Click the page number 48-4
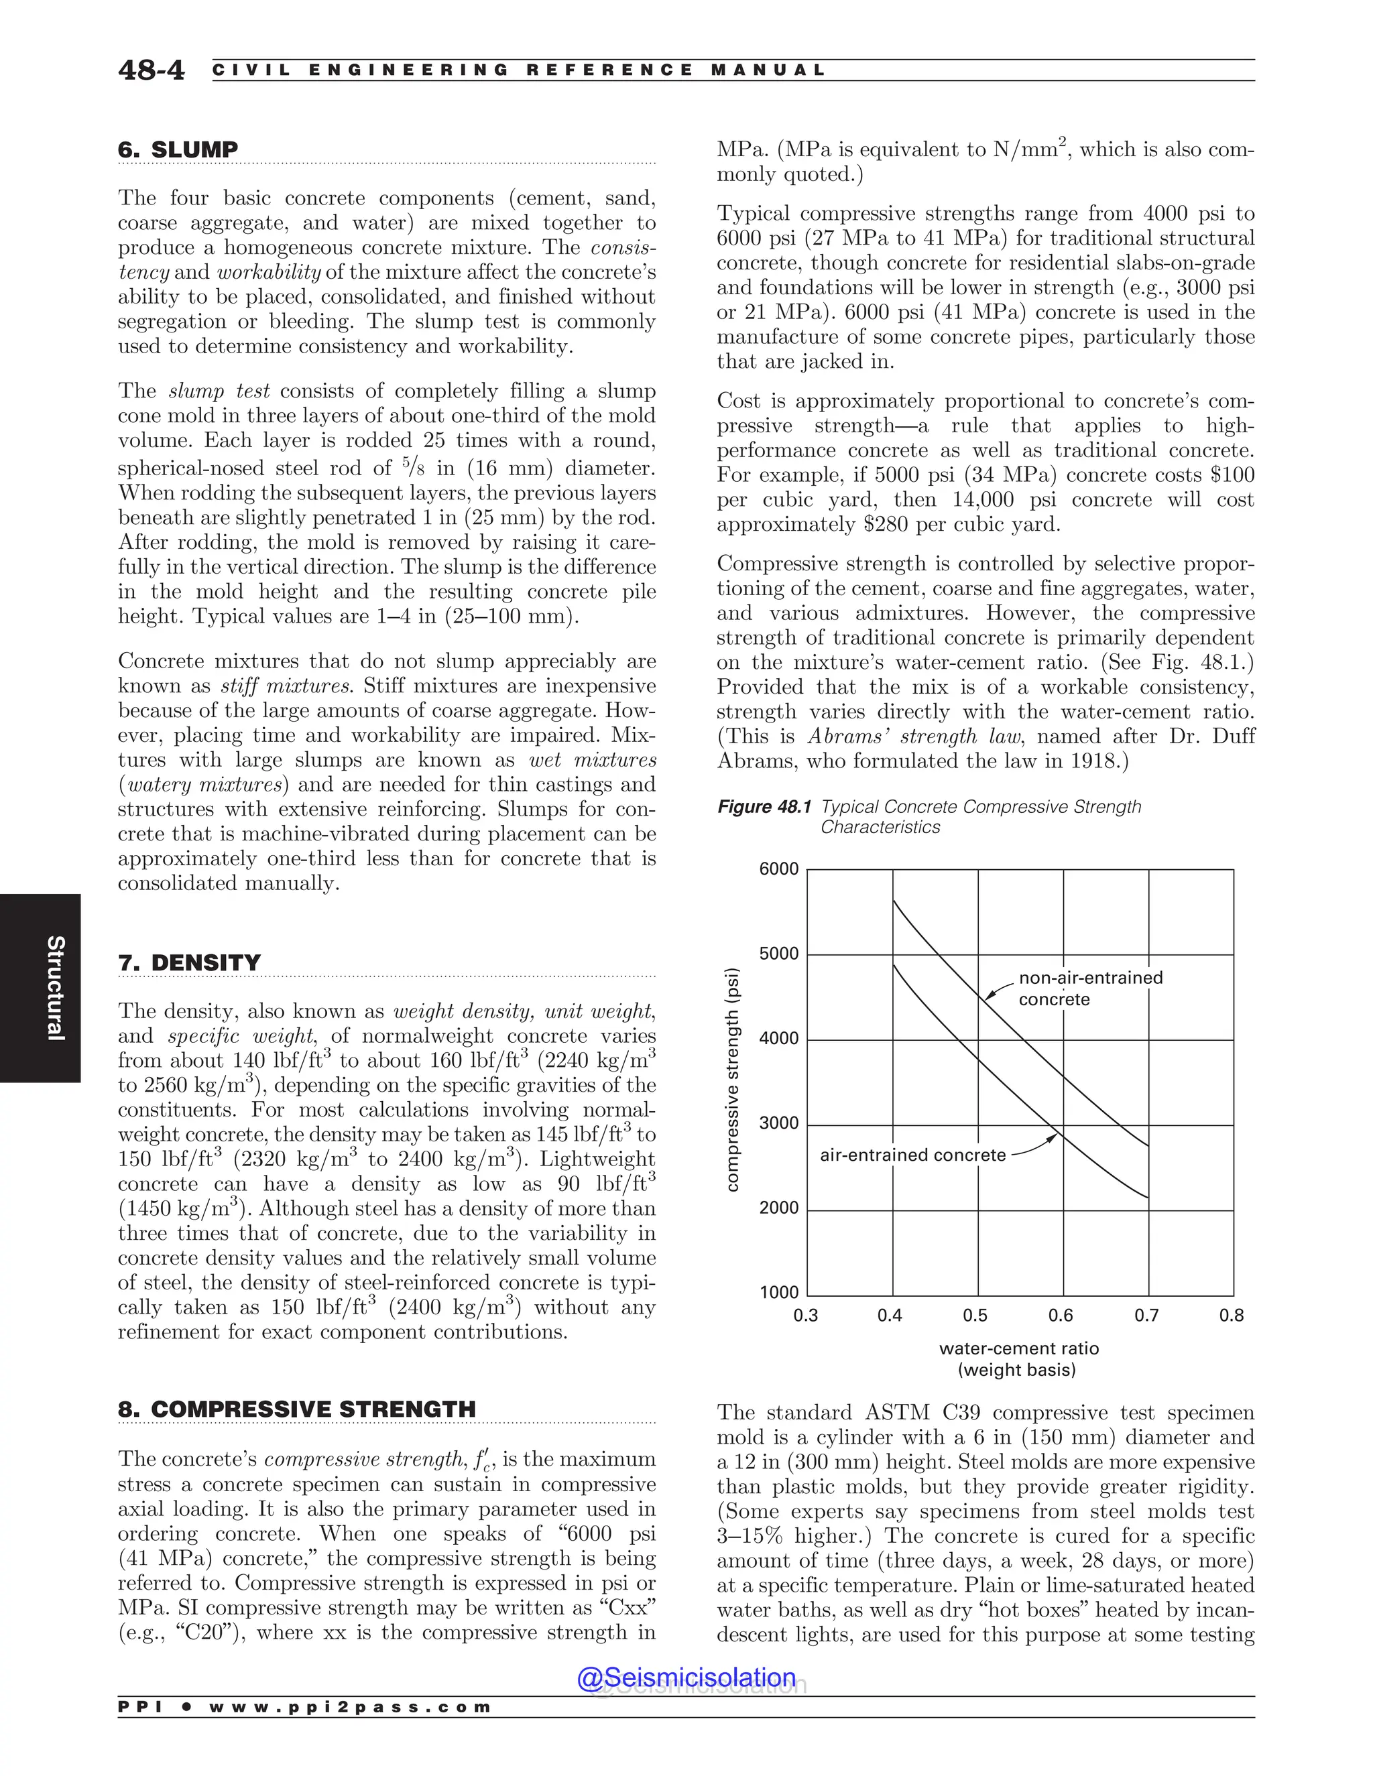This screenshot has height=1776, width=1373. (152, 71)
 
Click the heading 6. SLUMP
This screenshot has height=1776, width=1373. (178, 149)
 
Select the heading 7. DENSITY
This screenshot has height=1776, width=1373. (190, 963)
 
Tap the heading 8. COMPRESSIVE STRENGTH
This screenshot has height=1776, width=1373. (297, 1409)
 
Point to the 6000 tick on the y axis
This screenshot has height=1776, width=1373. (778, 869)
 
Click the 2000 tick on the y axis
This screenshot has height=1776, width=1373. (778, 1208)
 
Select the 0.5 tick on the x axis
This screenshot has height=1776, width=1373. (975, 1316)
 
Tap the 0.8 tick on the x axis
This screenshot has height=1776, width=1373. (1231, 1316)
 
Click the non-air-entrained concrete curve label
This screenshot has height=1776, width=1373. (1090, 988)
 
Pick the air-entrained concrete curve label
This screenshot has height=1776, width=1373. (912, 1155)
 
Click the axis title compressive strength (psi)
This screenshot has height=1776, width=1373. (732, 1080)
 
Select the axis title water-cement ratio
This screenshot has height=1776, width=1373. (1018, 1348)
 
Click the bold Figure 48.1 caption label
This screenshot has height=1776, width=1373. (764, 807)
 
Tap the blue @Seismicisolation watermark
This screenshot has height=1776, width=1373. (686, 1677)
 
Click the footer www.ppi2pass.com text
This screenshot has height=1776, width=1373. (350, 1707)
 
